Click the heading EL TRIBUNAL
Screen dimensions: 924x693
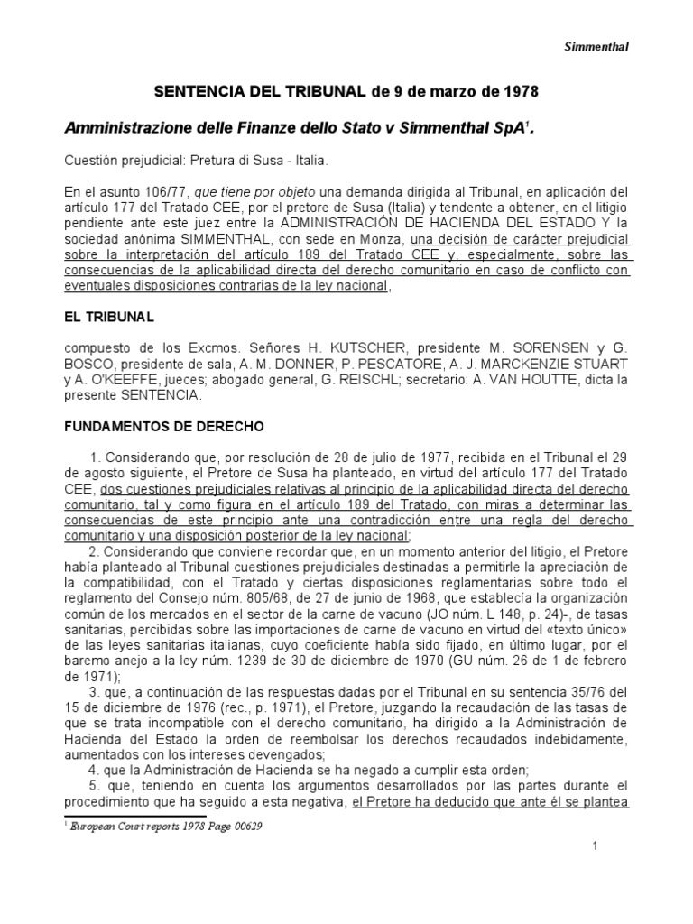tap(109, 317)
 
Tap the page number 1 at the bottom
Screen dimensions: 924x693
tap(596, 845)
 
